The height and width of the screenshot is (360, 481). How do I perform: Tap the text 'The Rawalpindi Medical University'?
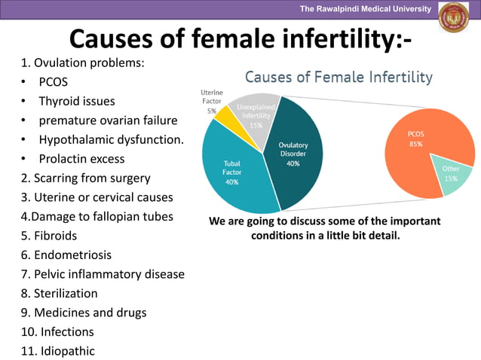[x=365, y=9]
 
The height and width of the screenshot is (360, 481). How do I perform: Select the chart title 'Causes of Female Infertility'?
[x=339, y=77]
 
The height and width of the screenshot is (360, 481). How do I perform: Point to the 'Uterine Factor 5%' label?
[x=211, y=101]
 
